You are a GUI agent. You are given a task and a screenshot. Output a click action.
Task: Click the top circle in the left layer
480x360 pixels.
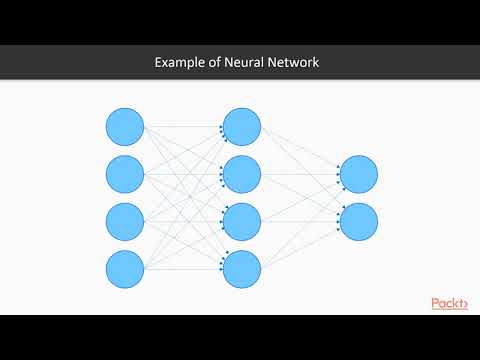(x=125, y=126)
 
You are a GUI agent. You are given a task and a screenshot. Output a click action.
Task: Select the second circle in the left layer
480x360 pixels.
(x=125, y=174)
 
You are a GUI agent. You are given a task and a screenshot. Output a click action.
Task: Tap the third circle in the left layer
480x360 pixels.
(x=125, y=221)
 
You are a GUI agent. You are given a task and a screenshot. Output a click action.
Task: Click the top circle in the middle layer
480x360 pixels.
(x=242, y=126)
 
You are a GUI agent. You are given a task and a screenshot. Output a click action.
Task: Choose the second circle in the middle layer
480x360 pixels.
(x=242, y=174)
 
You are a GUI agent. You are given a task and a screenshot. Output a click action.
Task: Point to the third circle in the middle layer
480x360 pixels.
(x=242, y=221)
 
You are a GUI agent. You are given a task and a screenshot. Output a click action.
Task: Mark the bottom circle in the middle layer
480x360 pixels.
(x=242, y=269)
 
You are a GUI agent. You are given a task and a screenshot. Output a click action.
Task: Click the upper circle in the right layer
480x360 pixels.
(x=359, y=174)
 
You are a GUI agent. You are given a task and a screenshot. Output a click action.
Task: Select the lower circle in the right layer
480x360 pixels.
(x=359, y=221)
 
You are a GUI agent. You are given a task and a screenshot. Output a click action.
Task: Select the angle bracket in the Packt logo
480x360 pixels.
(x=465, y=303)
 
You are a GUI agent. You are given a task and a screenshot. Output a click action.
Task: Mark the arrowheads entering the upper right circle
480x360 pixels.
(x=338, y=174)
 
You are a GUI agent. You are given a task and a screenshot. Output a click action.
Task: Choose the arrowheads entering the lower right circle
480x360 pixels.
(x=338, y=221)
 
